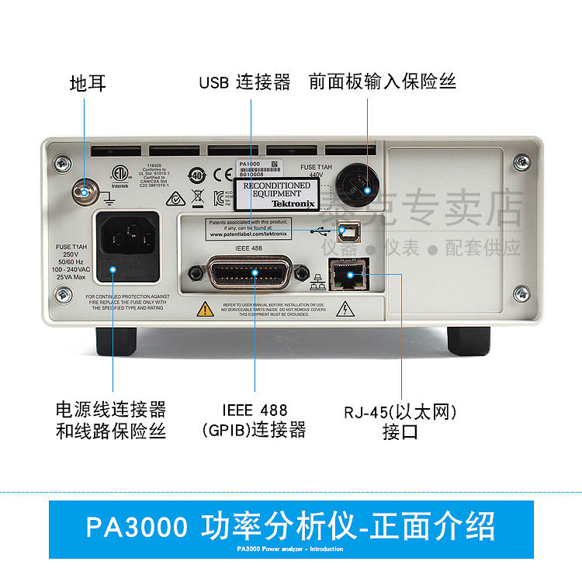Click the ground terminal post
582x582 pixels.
(84, 191)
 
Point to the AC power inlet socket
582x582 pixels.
(126, 235)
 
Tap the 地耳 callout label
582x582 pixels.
(88, 82)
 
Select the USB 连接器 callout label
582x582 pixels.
(244, 82)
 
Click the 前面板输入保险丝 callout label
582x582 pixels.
(382, 82)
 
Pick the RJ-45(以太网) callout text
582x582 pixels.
(400, 411)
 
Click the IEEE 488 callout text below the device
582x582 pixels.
(254, 410)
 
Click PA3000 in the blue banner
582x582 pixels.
(137, 527)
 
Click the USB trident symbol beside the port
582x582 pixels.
(320, 230)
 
